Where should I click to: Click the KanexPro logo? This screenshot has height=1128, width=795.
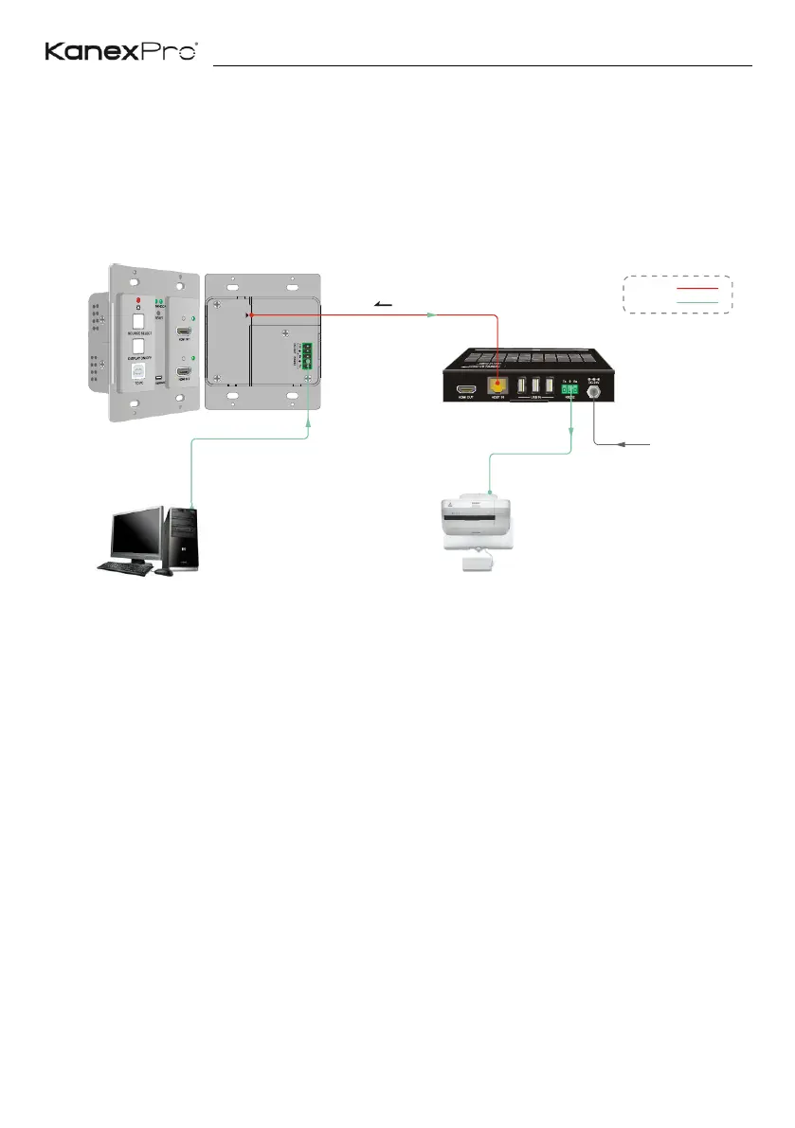click(121, 51)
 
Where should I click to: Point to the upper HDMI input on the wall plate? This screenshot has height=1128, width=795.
click(185, 334)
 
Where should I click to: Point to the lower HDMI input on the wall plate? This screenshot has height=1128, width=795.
click(185, 372)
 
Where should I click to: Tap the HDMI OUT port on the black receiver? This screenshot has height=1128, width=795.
click(465, 388)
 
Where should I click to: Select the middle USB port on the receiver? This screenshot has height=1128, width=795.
click(536, 387)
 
